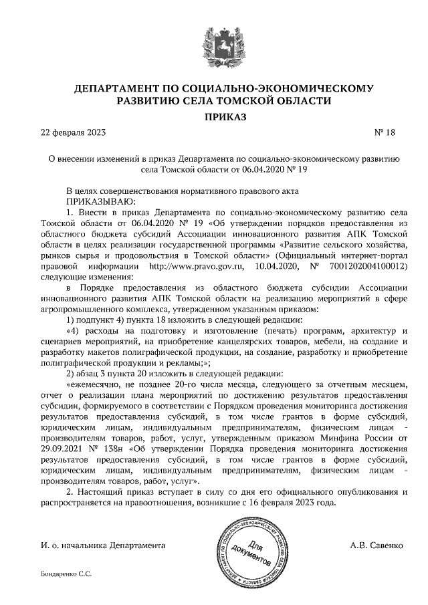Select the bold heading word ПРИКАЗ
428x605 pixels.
[215, 117]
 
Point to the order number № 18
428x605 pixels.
[385, 132]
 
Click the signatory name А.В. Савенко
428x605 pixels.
[377, 546]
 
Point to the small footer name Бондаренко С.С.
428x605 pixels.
[66, 574]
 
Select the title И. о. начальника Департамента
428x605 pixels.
[103, 546]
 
